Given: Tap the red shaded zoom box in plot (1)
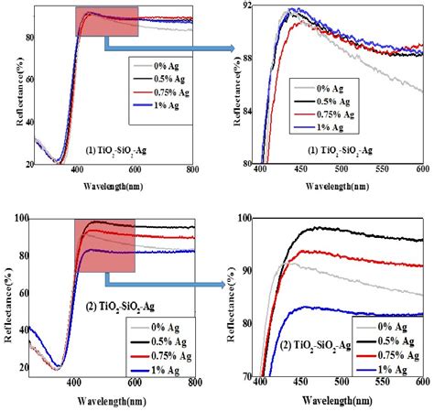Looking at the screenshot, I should (106, 21).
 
